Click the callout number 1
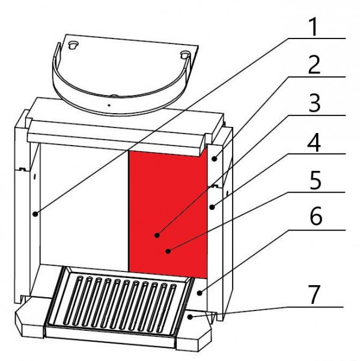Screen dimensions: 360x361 tap(314, 27)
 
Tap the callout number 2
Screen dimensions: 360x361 tap(314, 65)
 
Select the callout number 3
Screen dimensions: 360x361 tap(314, 103)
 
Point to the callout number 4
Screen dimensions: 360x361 tap(314, 142)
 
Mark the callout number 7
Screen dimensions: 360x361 tap(314, 295)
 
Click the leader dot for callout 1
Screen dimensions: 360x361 tap(35, 214)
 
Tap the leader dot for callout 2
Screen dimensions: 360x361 tap(215, 159)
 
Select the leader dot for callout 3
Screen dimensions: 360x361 tap(157, 235)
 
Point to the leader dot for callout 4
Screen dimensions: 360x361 tap(212, 207)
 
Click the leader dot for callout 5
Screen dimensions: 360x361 tap(168, 251)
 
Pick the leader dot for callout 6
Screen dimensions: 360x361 tap(200, 293)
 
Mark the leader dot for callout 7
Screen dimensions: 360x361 tap(190, 317)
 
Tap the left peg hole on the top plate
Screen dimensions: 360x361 tap(73, 45)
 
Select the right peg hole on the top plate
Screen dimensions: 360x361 tap(185, 55)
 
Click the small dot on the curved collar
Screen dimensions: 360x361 tap(109, 105)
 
